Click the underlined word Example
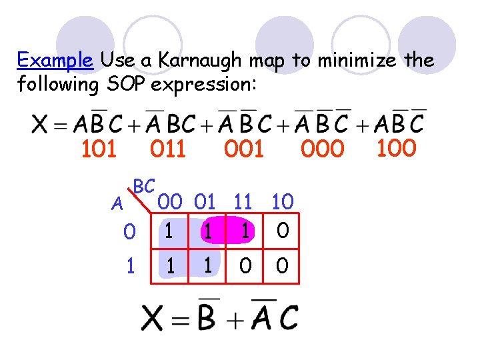click(56, 61)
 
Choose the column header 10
click(283, 201)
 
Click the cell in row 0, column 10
click(283, 231)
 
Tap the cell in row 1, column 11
click(245, 266)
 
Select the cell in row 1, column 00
click(171, 266)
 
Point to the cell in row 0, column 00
click(171, 231)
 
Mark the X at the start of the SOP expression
click(41, 124)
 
